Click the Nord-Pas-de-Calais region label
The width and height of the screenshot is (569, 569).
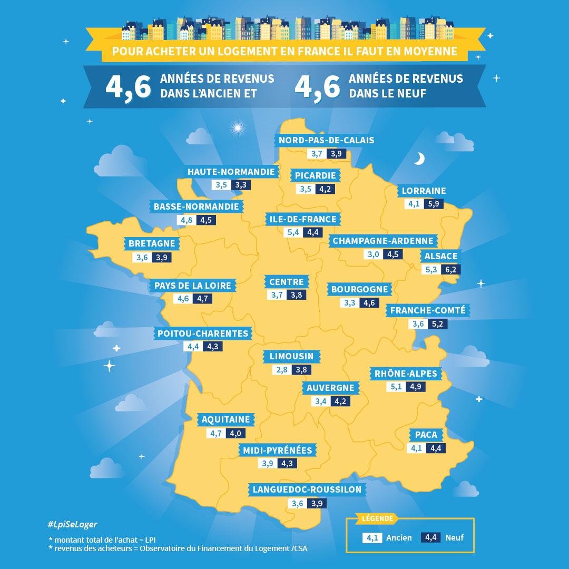tap(326, 140)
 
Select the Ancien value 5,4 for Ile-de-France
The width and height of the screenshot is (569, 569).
tap(293, 232)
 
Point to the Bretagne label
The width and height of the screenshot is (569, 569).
tap(152, 243)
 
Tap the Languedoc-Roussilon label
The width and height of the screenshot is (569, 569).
tap(307, 489)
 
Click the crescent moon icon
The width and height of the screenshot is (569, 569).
tap(419, 159)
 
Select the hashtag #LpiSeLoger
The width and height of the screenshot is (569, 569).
tap(72, 525)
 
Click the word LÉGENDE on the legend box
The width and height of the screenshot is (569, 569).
tap(377, 518)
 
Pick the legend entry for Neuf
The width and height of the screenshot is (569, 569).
tap(455, 538)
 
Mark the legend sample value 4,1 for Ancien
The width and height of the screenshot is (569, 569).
tap(372, 538)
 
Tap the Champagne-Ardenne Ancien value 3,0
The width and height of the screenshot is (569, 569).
tap(373, 254)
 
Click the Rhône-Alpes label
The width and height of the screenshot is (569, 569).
tap(405, 374)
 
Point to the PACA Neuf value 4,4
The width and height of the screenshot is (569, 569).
tap(435, 448)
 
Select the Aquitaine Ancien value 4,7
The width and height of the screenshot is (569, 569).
tap(216, 433)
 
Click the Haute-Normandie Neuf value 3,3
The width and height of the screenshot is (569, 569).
tap(241, 185)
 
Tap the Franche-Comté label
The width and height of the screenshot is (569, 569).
tap(428, 310)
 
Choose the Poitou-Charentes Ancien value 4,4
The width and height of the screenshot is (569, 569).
tap(192, 347)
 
